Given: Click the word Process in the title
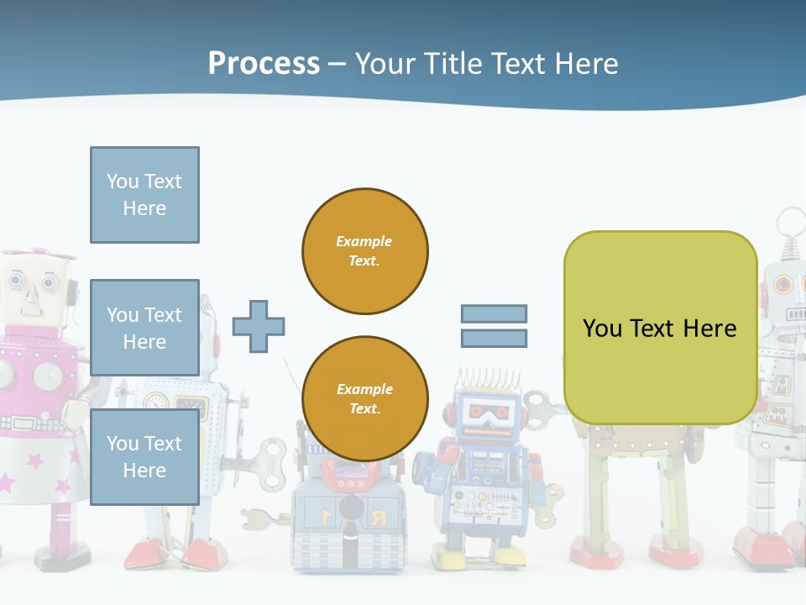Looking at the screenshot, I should coord(264,63).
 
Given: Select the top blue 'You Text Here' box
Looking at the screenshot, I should coord(144,195).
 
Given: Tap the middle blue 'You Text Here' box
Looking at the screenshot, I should coord(144,328).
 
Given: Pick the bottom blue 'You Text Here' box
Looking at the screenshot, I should coord(144,456).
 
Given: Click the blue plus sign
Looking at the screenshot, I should coord(259,326).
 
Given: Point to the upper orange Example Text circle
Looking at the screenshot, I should coord(365,250).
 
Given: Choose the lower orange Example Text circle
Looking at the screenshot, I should coord(365,398).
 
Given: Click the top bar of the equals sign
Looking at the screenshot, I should coord(494,313).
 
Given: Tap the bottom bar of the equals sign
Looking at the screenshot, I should coord(494,339).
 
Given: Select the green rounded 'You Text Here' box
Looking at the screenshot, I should coord(660,328).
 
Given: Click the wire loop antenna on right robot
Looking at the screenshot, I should coord(789,224).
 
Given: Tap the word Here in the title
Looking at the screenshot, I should coord(584,63).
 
